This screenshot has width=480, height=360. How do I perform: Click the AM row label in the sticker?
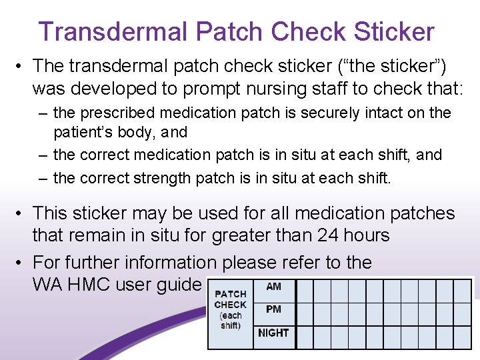point(273,287)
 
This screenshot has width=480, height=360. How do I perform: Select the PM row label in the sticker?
point(273,309)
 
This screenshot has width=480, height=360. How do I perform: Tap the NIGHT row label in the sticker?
point(273,333)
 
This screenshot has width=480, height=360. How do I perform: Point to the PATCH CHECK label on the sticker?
point(231,299)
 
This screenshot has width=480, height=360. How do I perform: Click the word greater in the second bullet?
point(241,235)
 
